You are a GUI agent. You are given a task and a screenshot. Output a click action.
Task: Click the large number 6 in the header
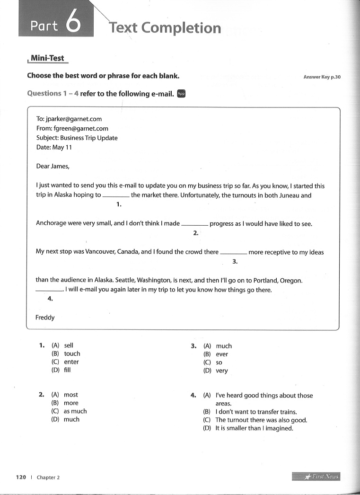73,24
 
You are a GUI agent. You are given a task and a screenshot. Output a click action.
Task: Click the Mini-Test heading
48,59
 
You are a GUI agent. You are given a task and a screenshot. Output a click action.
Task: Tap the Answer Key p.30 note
322,77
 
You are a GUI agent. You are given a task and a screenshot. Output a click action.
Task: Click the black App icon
181,93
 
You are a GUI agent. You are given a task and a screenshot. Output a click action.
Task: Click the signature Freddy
45,318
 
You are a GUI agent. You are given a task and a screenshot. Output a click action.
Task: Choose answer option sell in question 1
69,345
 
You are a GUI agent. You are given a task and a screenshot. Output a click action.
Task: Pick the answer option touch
72,354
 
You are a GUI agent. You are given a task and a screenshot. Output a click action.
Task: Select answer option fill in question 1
67,370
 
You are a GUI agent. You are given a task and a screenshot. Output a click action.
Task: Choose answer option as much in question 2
75,411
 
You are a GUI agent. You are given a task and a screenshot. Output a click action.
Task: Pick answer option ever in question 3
222,354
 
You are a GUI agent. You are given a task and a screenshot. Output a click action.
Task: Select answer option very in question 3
222,371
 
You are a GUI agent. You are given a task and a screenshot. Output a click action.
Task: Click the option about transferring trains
256,412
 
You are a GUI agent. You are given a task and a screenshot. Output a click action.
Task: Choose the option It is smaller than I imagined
254,428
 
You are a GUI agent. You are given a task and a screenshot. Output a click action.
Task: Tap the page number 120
21,477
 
